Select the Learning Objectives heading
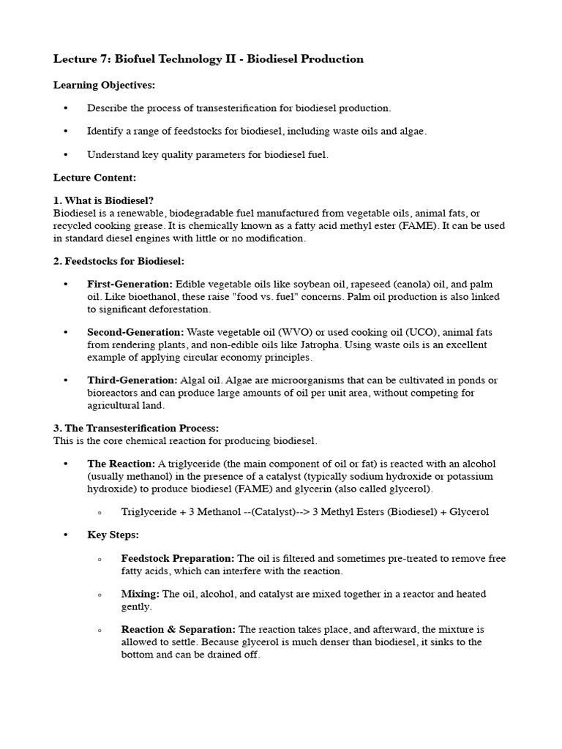tap(104, 86)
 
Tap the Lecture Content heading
tap(94, 178)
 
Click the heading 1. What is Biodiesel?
tap(103, 200)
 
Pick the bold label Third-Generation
tap(132, 380)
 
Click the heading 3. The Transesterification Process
tap(136, 428)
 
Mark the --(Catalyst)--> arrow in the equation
tap(263, 511)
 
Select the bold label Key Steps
tap(113, 535)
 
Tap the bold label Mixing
tap(140, 594)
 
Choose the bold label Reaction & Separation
tap(179, 629)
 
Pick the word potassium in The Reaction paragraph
tap(472, 476)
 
